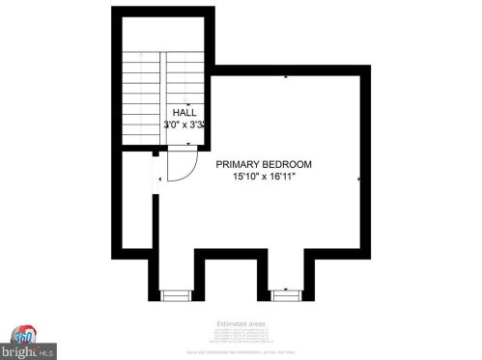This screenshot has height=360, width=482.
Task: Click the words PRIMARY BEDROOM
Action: [x=263, y=165]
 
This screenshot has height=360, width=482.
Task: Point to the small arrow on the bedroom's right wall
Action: [x=359, y=180]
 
